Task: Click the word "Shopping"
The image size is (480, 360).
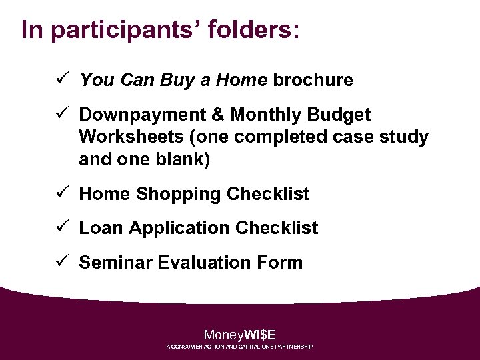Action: tap(179, 194)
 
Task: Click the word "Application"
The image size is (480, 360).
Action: tap(177, 228)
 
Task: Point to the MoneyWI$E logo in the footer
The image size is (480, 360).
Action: tap(239, 335)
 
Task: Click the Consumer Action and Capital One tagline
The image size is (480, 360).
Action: tap(239, 347)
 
